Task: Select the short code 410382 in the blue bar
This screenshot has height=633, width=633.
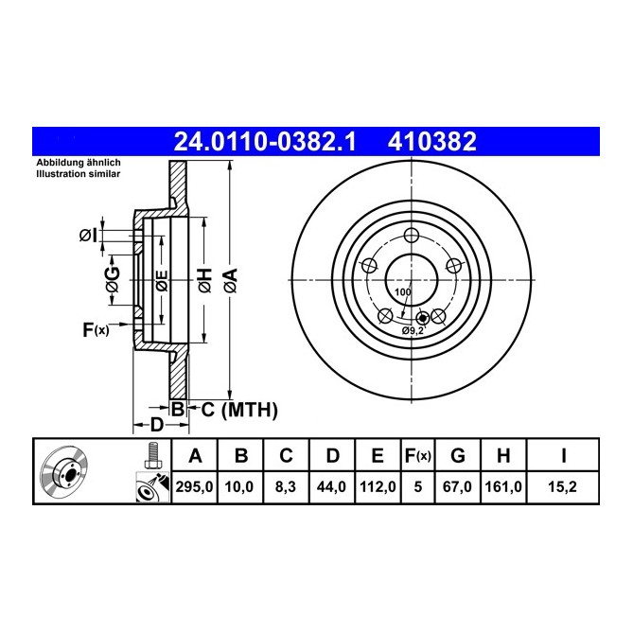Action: tap(431, 142)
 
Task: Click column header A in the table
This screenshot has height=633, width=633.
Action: tap(195, 456)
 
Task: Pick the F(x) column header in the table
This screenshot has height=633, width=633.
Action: tap(416, 456)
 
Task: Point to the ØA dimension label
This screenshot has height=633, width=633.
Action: tap(230, 280)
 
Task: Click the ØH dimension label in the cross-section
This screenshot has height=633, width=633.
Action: tap(202, 280)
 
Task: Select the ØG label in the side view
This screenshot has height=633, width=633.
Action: tap(113, 278)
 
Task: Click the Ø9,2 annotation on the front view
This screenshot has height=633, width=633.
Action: tap(413, 330)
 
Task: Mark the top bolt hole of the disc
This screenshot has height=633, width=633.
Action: tap(411, 237)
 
